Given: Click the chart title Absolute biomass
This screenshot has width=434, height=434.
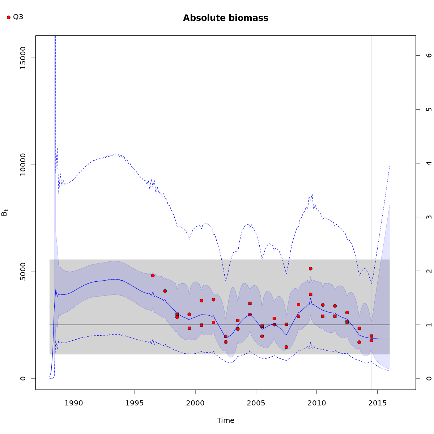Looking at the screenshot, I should pos(225,18).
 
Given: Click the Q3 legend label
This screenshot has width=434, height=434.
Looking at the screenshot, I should pos(18,17).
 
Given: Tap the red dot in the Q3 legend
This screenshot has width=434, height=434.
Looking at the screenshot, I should pos(9,17).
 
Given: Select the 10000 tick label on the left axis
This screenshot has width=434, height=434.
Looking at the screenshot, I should pos(23,165).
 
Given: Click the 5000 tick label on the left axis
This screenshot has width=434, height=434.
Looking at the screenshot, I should pos(23,272).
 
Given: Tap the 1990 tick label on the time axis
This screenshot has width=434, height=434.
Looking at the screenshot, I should pos(74,403).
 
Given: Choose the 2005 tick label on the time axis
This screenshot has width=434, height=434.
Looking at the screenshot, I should pos(256,403).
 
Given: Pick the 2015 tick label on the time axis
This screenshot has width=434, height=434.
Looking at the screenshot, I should pos(377,403).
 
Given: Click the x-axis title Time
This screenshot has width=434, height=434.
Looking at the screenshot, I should pos(226,420).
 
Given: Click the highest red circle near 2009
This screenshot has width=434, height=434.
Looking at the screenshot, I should pos(311,269).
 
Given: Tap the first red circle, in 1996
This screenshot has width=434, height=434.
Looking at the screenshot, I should pos(153,276).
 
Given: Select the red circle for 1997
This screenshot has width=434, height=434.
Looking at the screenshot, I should pos(165,291).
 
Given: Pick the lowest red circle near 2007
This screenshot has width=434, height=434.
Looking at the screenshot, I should pos(286,347).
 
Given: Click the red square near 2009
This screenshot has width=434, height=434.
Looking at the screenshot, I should pos(311,294).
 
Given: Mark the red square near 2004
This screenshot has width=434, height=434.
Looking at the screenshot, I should pos(250,303).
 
